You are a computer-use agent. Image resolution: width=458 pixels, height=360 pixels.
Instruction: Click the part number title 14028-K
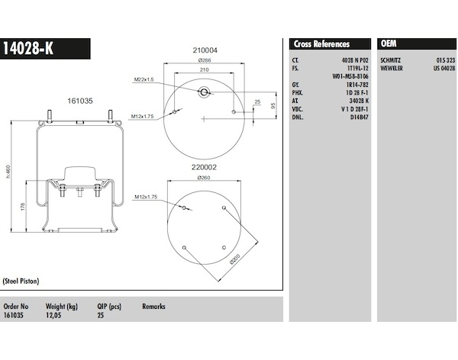point(28,49)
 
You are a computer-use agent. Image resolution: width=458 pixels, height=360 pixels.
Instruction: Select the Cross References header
point(321,44)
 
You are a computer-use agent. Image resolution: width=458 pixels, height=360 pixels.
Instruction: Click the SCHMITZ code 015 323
point(446,60)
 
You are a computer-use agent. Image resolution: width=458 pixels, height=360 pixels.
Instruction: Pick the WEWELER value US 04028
point(444,69)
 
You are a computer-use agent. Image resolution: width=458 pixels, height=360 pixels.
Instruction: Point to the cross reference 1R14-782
point(357,85)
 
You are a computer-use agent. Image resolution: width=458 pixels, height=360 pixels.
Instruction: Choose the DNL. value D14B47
point(360,117)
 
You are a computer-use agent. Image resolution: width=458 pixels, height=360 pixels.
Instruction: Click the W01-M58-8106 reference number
point(350,76)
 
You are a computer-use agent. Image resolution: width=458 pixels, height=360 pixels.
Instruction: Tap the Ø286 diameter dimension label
point(205,60)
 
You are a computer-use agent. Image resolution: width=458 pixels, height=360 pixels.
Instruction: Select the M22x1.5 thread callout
point(144,79)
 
